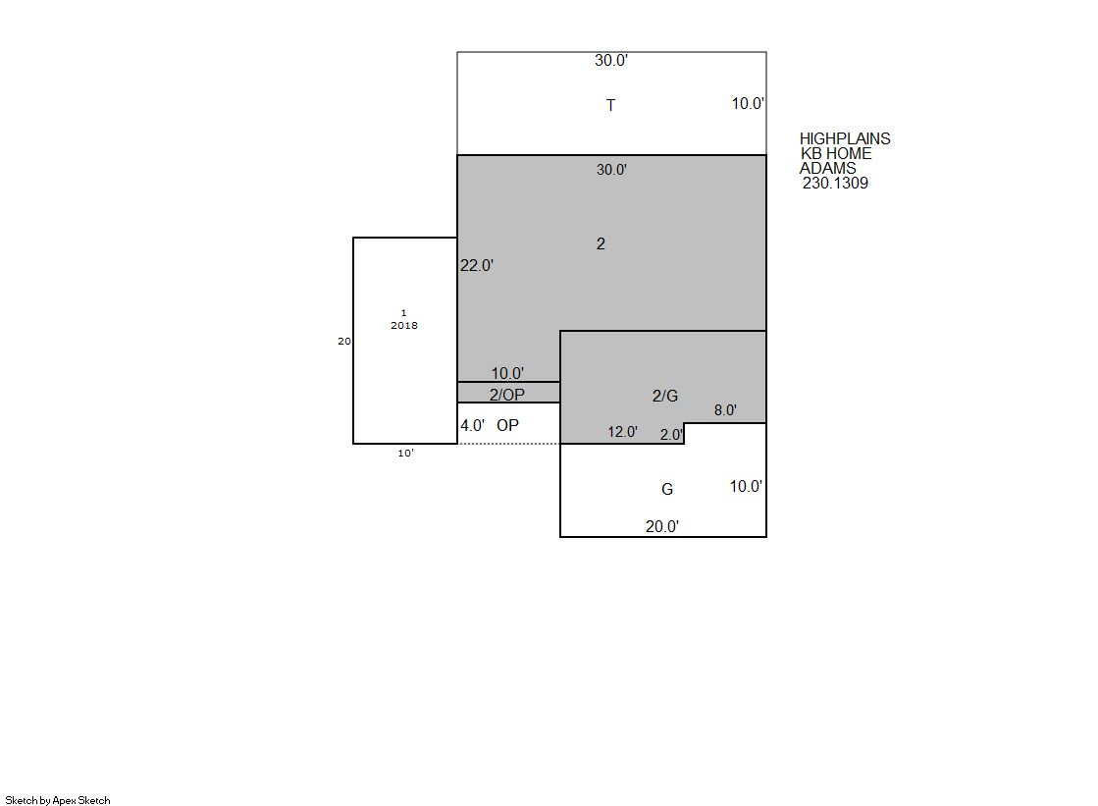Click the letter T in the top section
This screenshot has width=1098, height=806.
(x=610, y=105)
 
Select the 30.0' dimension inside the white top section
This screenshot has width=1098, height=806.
(x=611, y=60)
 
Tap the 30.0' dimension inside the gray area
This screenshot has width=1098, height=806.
(x=611, y=170)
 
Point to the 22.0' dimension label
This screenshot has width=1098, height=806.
(x=477, y=266)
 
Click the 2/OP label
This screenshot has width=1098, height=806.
(x=507, y=395)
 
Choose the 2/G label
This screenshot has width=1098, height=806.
(x=665, y=396)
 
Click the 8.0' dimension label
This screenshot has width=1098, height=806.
(x=725, y=410)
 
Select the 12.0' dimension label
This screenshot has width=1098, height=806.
(x=622, y=432)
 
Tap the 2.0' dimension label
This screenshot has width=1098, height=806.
(x=671, y=435)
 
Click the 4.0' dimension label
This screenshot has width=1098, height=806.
(x=473, y=425)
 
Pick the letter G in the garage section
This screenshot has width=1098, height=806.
(x=667, y=489)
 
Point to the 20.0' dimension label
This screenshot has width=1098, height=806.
(x=661, y=526)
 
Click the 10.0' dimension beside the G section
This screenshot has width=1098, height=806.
(x=746, y=486)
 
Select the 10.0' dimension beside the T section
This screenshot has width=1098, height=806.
(x=748, y=104)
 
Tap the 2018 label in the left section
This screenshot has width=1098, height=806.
(x=404, y=325)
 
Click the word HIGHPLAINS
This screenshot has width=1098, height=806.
(x=845, y=138)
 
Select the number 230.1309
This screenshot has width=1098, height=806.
(x=835, y=183)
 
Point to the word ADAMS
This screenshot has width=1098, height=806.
(x=828, y=168)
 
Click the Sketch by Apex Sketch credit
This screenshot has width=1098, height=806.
(x=58, y=800)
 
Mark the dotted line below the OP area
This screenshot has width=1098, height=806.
(x=508, y=444)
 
